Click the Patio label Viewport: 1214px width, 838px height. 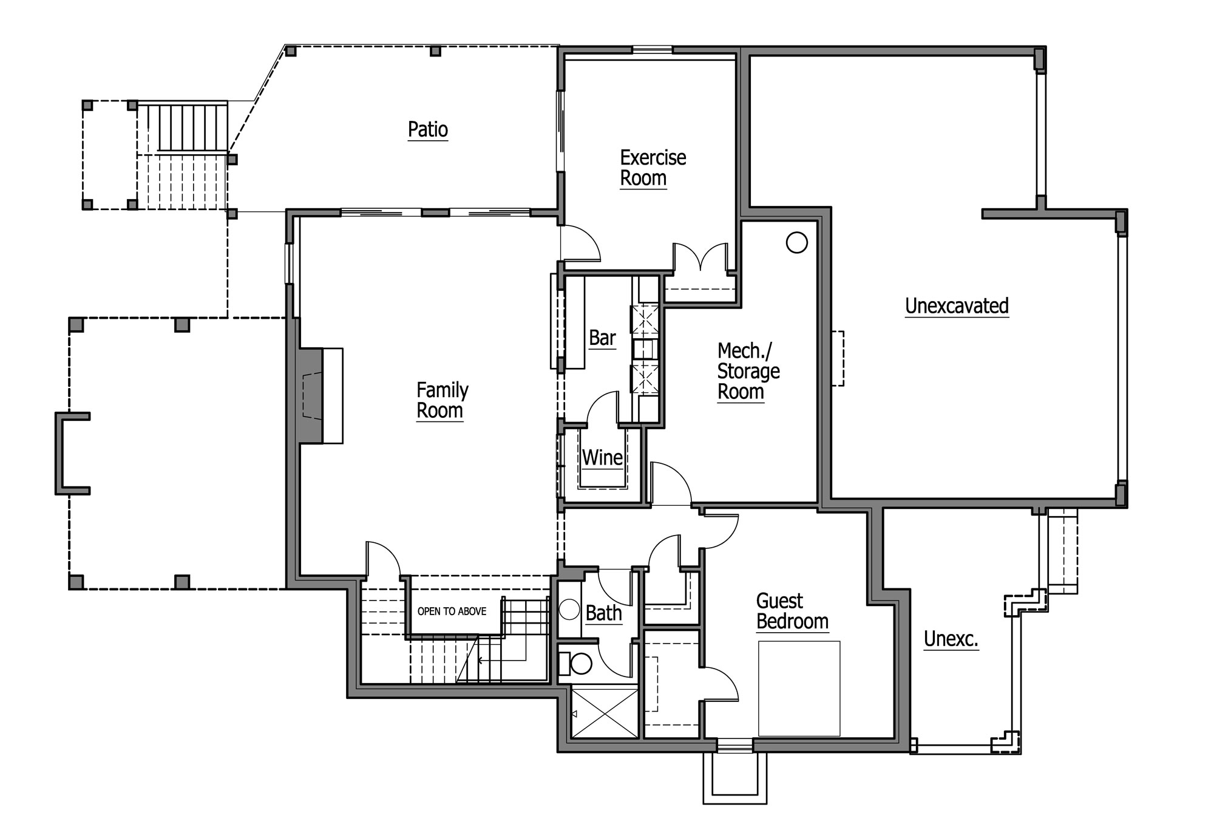point(428,130)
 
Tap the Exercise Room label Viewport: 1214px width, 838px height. point(653,168)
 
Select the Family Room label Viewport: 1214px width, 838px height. point(442,400)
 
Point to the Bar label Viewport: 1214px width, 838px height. point(602,338)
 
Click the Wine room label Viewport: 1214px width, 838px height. point(602,457)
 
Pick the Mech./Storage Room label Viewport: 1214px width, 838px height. point(748,371)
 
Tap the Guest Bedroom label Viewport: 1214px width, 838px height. point(792,611)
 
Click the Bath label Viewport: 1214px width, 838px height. point(603,613)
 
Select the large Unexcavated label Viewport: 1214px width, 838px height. point(957,306)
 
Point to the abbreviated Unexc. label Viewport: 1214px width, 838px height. point(951,639)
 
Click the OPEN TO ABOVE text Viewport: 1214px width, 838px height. point(452,611)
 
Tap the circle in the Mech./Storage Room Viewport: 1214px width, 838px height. point(796,243)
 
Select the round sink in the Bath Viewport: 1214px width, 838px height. point(569,610)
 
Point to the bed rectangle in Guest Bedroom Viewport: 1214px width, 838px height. point(799,688)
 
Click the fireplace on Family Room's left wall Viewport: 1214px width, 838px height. point(319,396)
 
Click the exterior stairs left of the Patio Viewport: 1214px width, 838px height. point(183,155)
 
